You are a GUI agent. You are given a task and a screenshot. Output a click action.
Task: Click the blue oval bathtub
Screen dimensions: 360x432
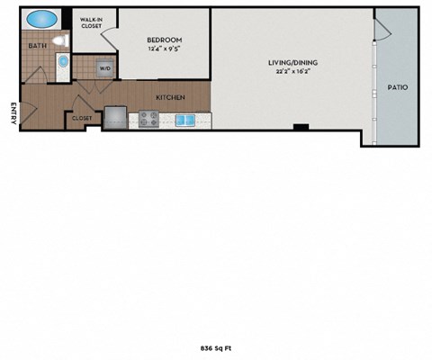[x=40, y=19]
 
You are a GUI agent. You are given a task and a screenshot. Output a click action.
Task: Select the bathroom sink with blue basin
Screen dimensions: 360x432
[x=63, y=62]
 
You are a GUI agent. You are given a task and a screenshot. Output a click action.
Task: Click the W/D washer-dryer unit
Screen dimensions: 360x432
[x=104, y=68]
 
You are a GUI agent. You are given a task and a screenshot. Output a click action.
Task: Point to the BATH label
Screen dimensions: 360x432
[x=37, y=45]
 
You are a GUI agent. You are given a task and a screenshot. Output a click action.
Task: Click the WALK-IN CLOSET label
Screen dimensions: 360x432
[x=90, y=22]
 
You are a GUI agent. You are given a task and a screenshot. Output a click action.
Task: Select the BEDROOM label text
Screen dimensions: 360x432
[x=165, y=40]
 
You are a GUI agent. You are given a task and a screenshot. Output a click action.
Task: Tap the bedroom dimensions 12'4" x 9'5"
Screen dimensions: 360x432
[x=165, y=50]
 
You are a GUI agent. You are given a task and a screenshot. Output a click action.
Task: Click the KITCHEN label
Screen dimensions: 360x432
[x=170, y=96]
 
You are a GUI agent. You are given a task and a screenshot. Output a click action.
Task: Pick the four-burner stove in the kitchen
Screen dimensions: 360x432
[x=148, y=118]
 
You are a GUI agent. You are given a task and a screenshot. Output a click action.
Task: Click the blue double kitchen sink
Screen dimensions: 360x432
[x=185, y=119]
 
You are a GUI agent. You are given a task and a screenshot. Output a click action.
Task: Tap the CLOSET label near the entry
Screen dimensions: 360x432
[x=81, y=118]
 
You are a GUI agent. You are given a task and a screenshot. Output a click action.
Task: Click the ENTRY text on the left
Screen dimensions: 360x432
[x=13, y=114]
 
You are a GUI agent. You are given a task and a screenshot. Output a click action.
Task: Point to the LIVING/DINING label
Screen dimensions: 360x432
[x=292, y=63]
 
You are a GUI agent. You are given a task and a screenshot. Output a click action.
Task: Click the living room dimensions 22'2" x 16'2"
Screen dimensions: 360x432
[x=292, y=73]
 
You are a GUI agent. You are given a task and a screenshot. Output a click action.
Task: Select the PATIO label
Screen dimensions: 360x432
[x=398, y=87]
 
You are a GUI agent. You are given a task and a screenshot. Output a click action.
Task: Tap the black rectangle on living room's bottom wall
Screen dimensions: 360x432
[x=301, y=127]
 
